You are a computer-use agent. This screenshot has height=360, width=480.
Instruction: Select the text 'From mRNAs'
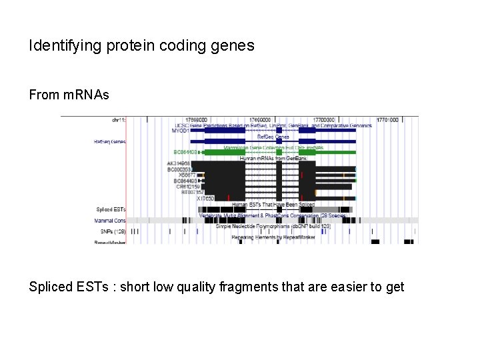coord(69,95)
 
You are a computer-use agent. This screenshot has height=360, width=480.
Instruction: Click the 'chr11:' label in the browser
coord(119,120)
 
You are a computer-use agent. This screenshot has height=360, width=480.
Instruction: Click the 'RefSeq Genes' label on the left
coord(109,141)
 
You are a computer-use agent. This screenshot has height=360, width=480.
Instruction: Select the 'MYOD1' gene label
coord(180,131)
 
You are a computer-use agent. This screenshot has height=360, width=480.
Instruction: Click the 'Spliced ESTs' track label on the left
coord(110,209)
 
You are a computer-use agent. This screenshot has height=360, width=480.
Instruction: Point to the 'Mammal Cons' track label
coord(110,220)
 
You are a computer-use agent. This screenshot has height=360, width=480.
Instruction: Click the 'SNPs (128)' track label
coord(110,231)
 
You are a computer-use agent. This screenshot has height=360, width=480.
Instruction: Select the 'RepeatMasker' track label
coord(109,241)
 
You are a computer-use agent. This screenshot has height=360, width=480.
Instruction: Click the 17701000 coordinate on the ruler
coord(387,120)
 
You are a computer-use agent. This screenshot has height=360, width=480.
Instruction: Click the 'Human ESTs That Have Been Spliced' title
coord(273,204)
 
